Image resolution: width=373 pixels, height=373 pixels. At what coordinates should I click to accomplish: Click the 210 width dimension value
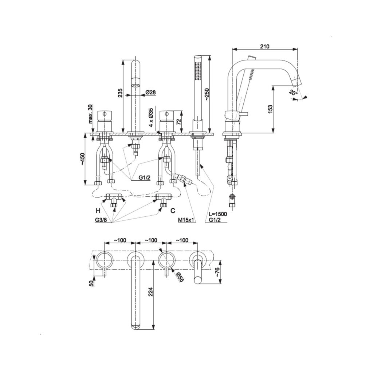pyautogui.click(x=264, y=46)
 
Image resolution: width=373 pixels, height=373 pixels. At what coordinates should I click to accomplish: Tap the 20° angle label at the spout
pyautogui.click(x=294, y=93)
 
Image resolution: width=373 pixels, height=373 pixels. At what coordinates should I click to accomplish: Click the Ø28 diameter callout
pyautogui.click(x=150, y=93)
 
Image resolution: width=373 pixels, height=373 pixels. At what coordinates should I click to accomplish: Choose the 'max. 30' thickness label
pyautogui.click(x=90, y=114)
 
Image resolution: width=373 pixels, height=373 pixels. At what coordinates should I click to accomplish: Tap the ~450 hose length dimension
pyautogui.click(x=82, y=159)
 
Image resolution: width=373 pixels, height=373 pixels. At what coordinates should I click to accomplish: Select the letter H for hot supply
pyautogui.click(x=98, y=211)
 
